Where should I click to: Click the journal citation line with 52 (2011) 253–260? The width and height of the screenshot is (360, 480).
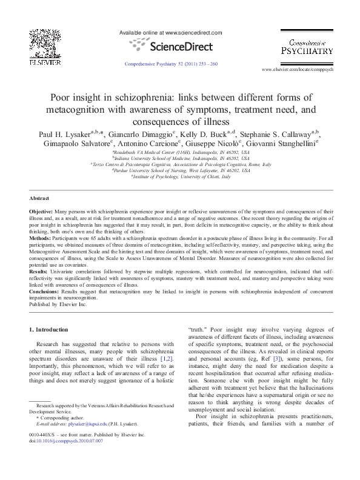[171, 63]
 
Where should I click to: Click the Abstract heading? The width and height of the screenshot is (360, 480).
[39, 198]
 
